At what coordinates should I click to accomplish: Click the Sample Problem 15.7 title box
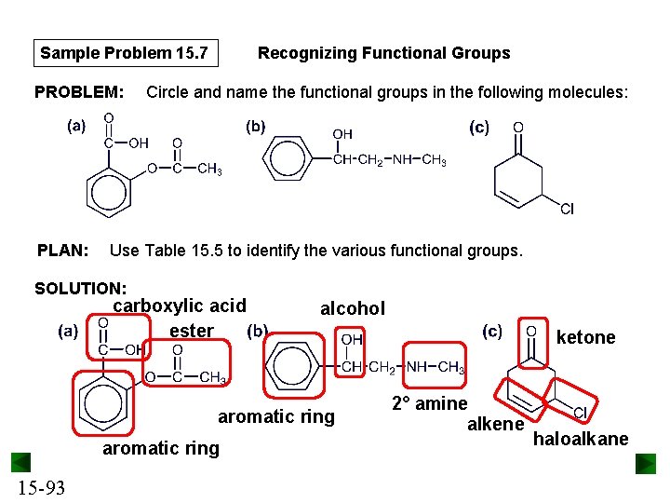coord(124,53)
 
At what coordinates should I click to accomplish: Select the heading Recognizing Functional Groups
coord(383,53)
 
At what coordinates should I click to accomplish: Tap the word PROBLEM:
coord(79,92)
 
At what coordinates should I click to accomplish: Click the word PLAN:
coord(62,250)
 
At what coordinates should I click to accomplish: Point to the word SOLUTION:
coord(80,289)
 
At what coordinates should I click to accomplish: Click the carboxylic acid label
coord(180,306)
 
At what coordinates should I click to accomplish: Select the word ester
coord(192,331)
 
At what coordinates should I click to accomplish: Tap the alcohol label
coord(352,308)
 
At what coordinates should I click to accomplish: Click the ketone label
coord(585,337)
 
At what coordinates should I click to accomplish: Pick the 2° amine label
coord(429,403)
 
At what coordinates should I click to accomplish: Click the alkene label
coord(495,425)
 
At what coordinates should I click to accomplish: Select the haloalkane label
coord(581,439)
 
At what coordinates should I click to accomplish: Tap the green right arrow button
coord(646,463)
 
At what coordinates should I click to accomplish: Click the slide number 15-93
coord(40,487)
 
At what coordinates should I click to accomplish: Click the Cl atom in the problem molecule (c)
coord(567,209)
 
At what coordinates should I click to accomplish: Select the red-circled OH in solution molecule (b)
coord(352,341)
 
